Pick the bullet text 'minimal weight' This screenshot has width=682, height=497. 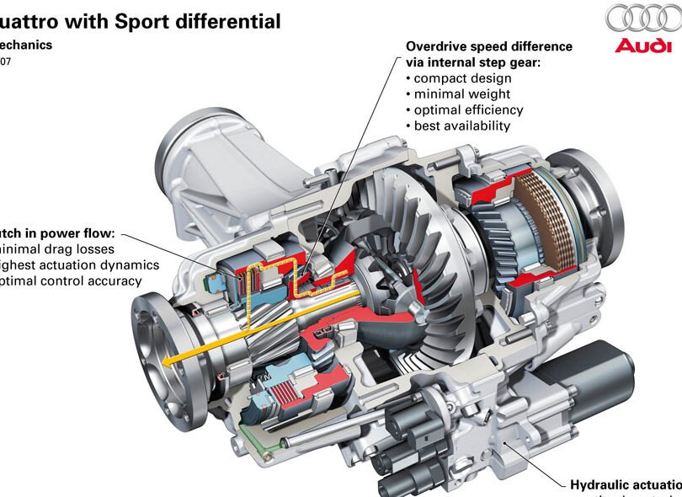pos(462,94)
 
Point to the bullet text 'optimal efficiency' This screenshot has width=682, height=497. pos(468,110)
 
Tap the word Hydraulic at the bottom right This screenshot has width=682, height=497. pos(603,484)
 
